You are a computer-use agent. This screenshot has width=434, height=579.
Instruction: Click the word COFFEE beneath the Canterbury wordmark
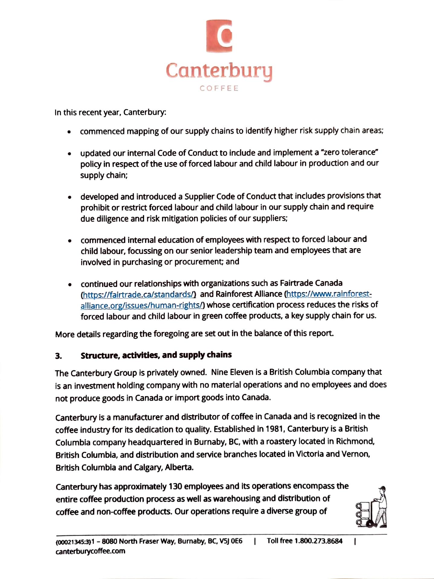coord(219,88)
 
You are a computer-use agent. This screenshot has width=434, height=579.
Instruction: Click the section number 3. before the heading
coord(59,356)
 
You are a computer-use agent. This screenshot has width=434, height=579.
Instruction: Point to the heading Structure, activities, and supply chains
coord(156,355)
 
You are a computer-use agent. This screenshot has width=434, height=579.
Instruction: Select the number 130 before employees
coord(175,487)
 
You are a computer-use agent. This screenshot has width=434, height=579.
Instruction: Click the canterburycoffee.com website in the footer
coord(90,551)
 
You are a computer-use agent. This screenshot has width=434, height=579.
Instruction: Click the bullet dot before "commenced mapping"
coord(69,132)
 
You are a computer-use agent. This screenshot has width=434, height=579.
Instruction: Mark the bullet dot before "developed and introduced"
coord(70,198)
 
